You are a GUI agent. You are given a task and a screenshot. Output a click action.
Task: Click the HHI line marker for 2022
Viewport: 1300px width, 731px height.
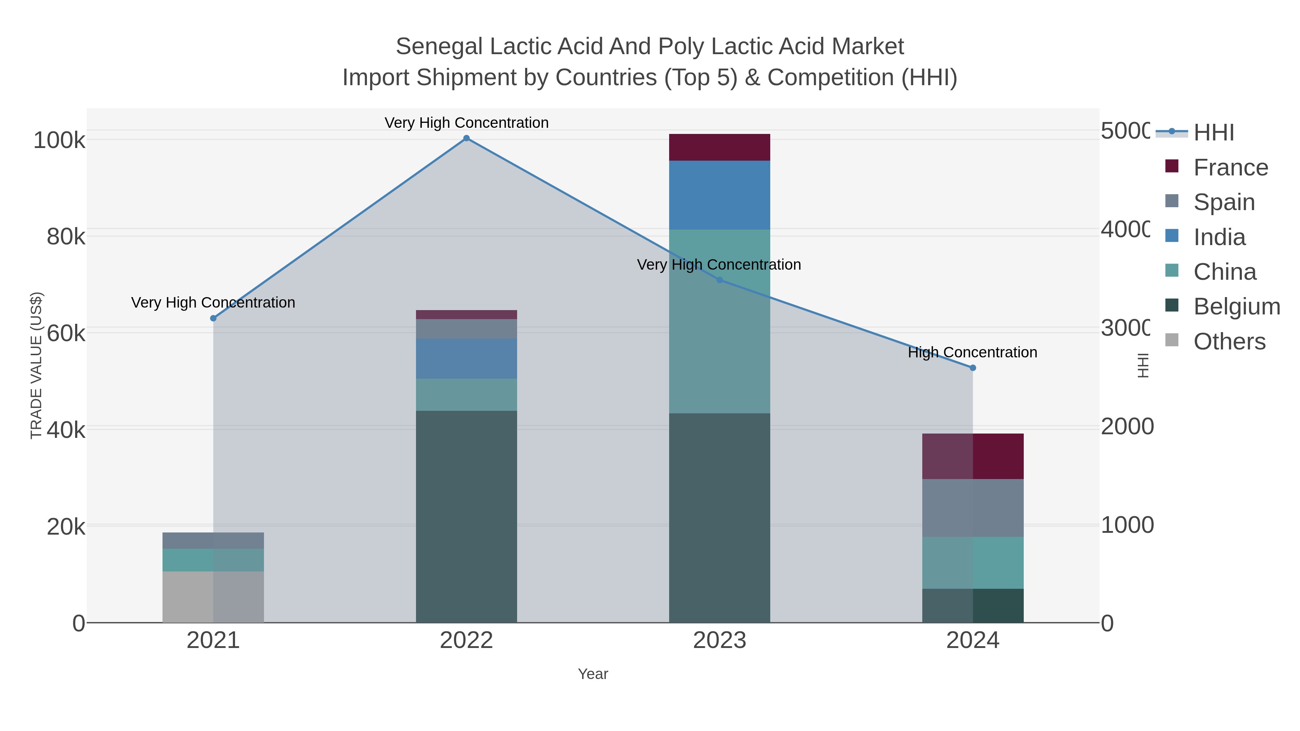click(x=466, y=138)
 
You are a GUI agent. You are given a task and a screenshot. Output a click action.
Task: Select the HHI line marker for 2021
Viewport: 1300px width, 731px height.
click(x=213, y=318)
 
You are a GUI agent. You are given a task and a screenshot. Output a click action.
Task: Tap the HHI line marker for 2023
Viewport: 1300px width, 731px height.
click(x=720, y=280)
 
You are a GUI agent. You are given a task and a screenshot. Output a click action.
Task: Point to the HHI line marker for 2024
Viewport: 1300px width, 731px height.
click(x=973, y=368)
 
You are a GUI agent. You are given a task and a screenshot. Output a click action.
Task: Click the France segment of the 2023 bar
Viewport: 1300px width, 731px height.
click(x=720, y=147)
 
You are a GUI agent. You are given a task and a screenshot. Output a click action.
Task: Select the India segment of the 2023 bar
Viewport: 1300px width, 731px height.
click(x=720, y=195)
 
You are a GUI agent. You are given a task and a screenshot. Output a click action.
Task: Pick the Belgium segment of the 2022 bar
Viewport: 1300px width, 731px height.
click(x=466, y=516)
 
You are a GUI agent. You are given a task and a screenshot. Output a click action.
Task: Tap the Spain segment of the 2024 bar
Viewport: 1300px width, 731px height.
click(x=973, y=508)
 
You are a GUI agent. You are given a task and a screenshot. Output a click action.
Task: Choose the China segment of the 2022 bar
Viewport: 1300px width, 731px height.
click(x=466, y=395)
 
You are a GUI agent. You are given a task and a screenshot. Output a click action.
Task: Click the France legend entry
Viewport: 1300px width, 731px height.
click(x=1230, y=167)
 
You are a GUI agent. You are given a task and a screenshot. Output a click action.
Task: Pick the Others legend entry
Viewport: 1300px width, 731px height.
click(x=1229, y=341)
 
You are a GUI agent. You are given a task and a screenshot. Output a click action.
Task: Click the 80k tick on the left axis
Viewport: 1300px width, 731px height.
click(x=66, y=236)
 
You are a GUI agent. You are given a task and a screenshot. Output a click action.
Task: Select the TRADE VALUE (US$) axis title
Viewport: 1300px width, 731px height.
click(x=37, y=365)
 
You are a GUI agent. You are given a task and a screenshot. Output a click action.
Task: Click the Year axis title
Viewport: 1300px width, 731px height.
click(x=593, y=674)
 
